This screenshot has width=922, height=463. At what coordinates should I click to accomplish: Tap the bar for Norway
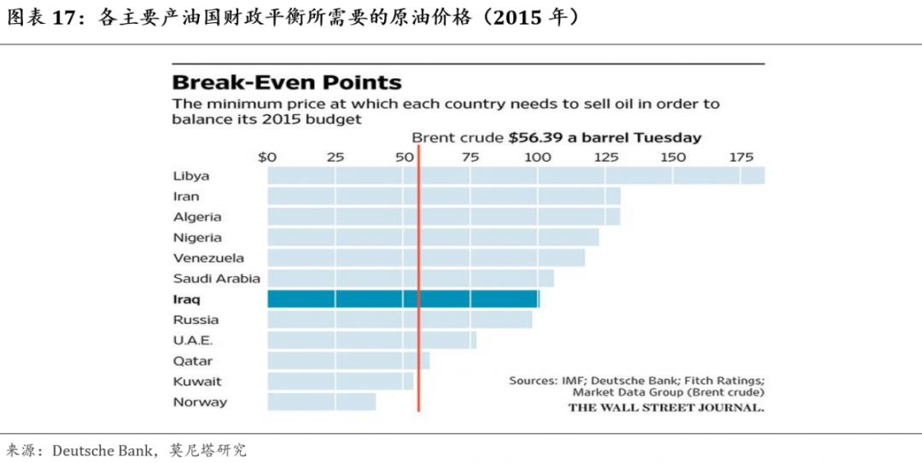[x=321, y=402]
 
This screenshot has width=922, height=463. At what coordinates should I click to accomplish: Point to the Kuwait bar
[x=341, y=381]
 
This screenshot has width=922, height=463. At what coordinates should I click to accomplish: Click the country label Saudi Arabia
[x=217, y=279]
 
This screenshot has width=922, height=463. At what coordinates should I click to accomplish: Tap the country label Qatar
[x=193, y=361]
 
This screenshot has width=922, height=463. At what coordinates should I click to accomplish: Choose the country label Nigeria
[x=197, y=238]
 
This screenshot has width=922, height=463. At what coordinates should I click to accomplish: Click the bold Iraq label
[x=187, y=299]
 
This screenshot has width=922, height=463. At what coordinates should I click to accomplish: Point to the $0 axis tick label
[x=267, y=157]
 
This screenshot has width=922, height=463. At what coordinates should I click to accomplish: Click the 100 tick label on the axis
[x=538, y=157]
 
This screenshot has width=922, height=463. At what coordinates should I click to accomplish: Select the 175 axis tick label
[x=740, y=157]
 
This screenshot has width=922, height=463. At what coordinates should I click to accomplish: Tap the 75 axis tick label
[x=470, y=157]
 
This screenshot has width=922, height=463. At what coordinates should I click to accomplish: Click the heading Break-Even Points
[x=287, y=83]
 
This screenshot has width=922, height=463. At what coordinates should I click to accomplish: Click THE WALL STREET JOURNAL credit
[x=666, y=408]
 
